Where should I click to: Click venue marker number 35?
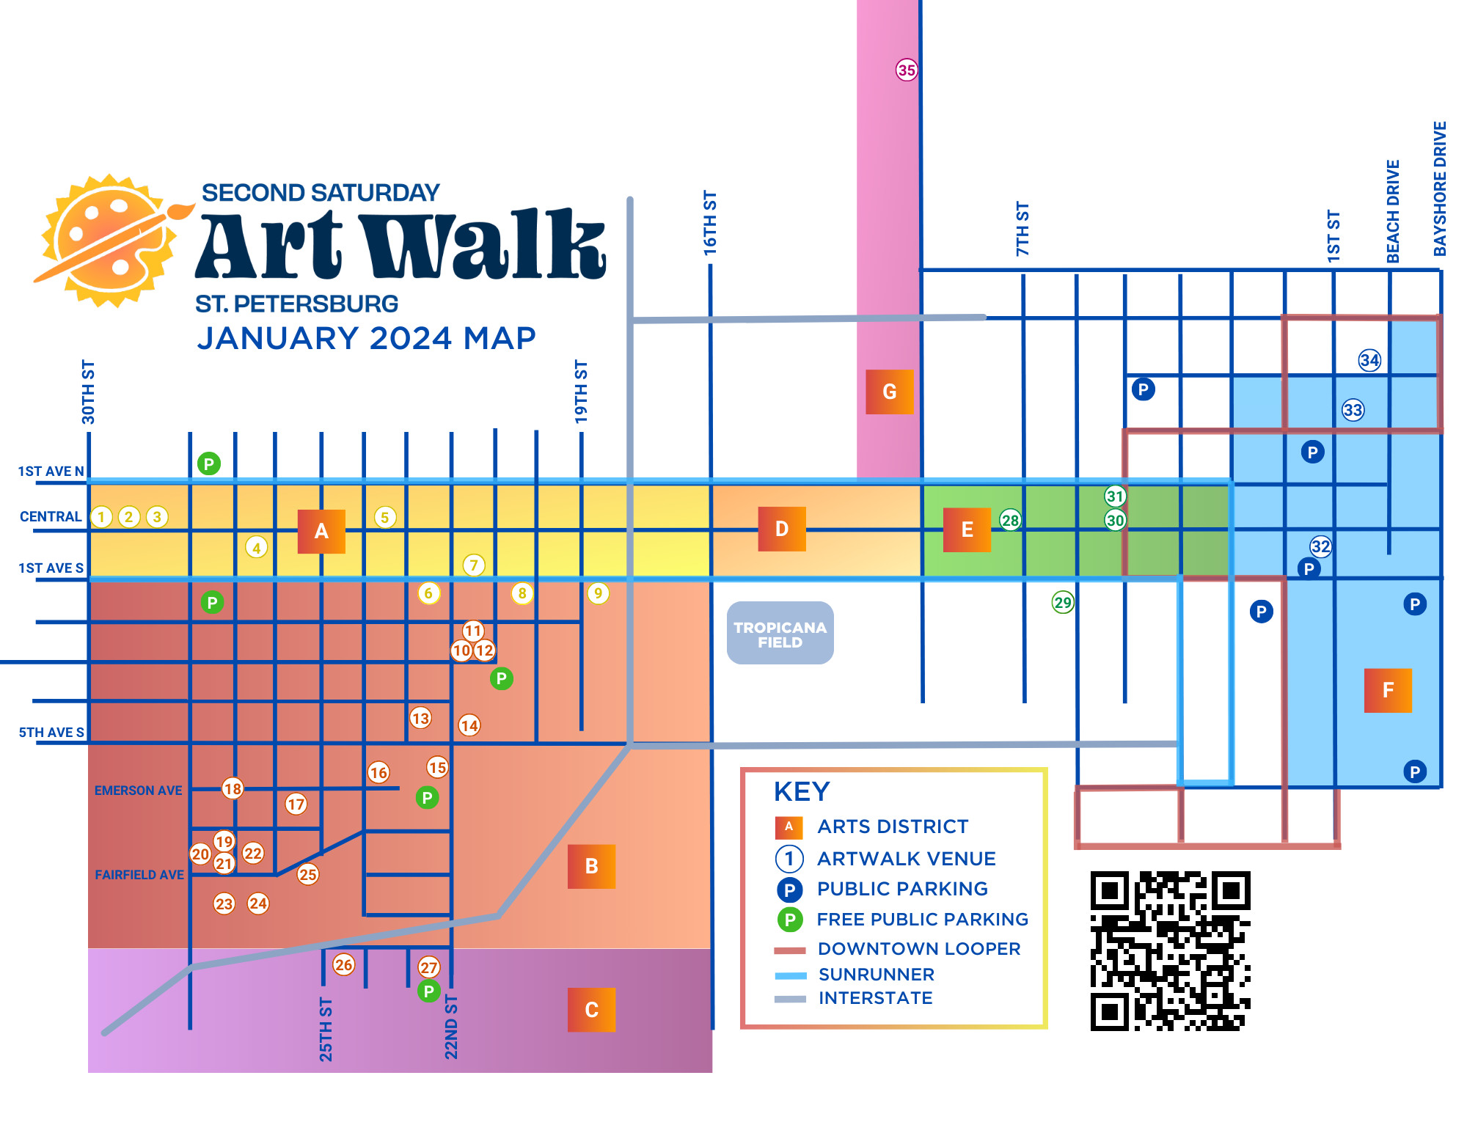907,70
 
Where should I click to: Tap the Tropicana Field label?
780,634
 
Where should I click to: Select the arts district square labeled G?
889,392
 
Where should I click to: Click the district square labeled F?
1387,690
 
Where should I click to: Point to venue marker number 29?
1062,603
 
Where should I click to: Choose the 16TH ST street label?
710,223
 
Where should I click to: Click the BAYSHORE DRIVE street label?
1440,189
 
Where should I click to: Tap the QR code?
1170,950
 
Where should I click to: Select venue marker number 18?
233,788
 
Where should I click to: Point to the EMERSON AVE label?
138,791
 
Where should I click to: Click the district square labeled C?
591,1010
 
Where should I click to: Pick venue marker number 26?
343,964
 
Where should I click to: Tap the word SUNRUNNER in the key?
876,975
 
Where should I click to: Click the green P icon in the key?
789,920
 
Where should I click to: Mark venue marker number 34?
1369,360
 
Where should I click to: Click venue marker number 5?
385,517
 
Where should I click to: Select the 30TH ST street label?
88,392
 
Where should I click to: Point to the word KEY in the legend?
802,792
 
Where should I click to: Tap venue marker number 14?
469,725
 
